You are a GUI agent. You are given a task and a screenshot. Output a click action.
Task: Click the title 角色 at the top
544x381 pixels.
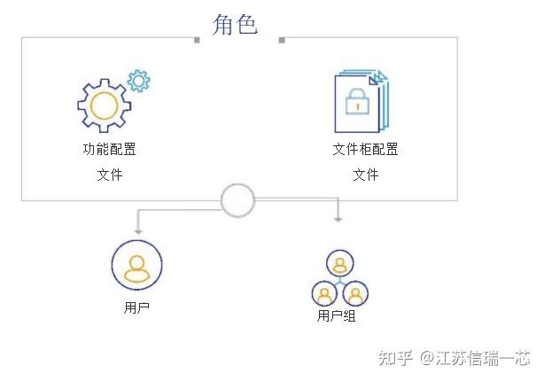pyautogui.click(x=235, y=24)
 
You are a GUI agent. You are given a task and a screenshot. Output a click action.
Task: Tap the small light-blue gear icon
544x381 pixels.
pyautogui.click(x=138, y=81)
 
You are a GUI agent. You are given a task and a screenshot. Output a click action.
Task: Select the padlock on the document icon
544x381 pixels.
pyautogui.click(x=357, y=104)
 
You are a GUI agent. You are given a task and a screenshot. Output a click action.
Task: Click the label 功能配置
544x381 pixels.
pyautogui.click(x=109, y=149)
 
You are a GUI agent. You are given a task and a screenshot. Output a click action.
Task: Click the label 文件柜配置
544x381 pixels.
pyautogui.click(x=365, y=149)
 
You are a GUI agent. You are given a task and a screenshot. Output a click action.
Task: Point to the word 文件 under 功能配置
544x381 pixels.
pyautogui.click(x=109, y=175)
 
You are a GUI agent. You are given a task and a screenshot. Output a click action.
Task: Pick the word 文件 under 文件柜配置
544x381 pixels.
pyautogui.click(x=365, y=175)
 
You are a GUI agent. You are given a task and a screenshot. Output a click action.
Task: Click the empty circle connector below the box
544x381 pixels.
pyautogui.click(x=237, y=200)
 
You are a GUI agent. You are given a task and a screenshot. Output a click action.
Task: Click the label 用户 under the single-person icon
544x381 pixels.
pyautogui.click(x=136, y=308)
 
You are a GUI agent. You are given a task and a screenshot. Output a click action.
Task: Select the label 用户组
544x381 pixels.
pyautogui.click(x=336, y=315)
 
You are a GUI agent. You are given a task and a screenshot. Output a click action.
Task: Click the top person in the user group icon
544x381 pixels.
pyautogui.click(x=339, y=263)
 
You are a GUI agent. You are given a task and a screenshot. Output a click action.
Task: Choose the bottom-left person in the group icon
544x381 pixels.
pyautogui.click(x=325, y=293)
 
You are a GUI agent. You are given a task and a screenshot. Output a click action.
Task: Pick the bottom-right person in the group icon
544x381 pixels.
pyautogui.click(x=354, y=293)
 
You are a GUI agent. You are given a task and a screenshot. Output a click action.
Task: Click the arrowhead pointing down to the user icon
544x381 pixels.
pyautogui.click(x=136, y=229)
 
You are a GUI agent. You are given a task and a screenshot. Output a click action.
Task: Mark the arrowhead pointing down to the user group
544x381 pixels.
pyautogui.click(x=338, y=219)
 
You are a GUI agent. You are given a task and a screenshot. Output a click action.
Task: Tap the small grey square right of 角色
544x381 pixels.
pyautogui.click(x=281, y=40)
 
